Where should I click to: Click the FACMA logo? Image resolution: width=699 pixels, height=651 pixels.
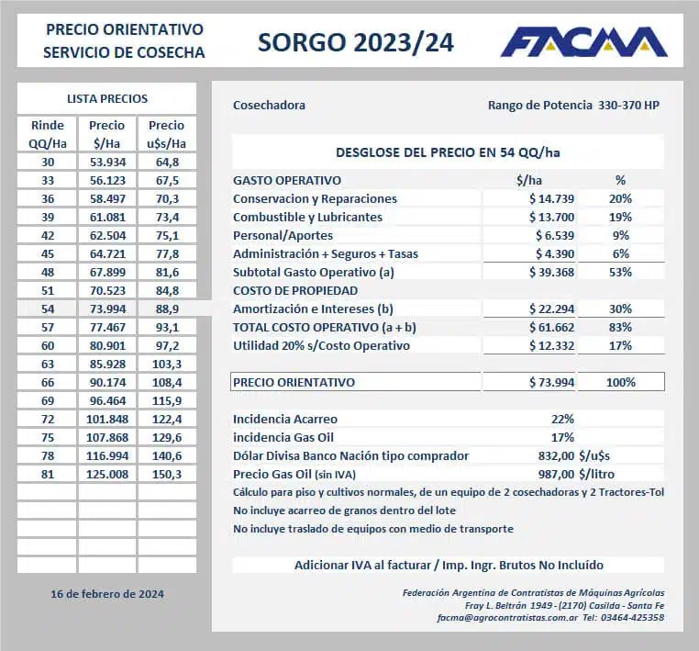pos(583,42)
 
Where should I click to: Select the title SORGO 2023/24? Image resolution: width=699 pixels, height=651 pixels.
pos(355,42)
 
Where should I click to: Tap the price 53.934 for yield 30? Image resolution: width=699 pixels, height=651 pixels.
pos(107,162)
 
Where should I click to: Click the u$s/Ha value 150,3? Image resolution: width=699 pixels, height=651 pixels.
pos(167,474)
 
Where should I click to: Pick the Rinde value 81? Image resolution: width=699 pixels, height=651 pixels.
pos(47,474)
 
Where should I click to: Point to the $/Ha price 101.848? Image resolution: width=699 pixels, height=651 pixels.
pos(107,419)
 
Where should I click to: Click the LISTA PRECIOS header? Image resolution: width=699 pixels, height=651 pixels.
pos(107,99)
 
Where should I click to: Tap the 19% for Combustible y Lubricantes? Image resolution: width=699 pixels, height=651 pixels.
pos(621,217)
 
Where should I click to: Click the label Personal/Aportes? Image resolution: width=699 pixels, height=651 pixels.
pos(276,235)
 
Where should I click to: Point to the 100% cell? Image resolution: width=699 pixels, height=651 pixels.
pos(621,382)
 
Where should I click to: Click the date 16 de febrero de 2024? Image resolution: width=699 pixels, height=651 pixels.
pos(107,594)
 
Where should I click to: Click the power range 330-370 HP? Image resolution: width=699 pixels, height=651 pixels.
pos(628,106)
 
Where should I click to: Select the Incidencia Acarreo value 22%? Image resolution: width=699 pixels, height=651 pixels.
pos(561,419)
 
